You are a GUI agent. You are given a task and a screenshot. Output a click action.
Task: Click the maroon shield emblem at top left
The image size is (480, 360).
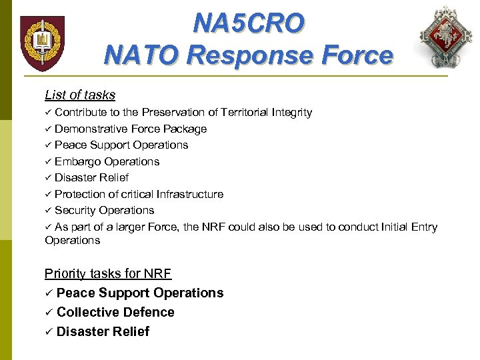pyautogui.click(x=42, y=43)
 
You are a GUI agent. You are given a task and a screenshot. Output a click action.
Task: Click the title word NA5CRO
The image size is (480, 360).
pyautogui.click(x=248, y=23)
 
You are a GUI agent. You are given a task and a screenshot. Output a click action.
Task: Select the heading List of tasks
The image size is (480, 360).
pyautogui.click(x=80, y=95)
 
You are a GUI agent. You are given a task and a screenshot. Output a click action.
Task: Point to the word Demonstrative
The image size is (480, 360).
pyautogui.click(x=91, y=129)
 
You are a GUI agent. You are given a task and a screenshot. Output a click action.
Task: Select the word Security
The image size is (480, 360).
pyautogui.click(x=75, y=210)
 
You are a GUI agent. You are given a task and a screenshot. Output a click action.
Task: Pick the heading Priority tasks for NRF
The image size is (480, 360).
pyautogui.click(x=108, y=273)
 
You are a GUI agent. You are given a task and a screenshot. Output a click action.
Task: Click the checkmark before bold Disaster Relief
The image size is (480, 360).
pyautogui.click(x=49, y=332)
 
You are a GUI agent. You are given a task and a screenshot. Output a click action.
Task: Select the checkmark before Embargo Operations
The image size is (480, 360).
pyautogui.click(x=48, y=161)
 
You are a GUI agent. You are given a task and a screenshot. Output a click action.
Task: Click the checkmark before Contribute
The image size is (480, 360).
pyautogui.click(x=48, y=113)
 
